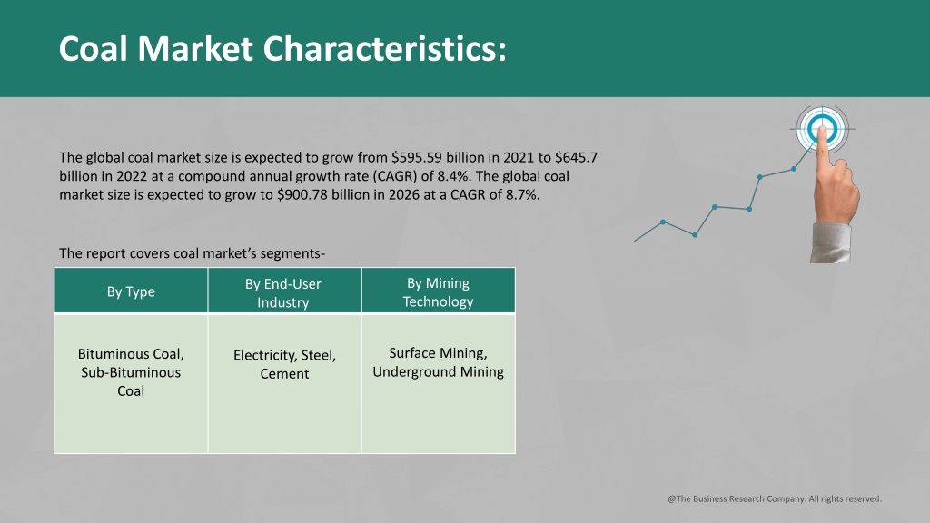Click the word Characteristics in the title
pos(385,49)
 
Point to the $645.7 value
pos(576,158)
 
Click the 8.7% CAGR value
pos(522,194)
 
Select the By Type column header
pos(131,291)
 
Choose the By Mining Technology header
pos(439,291)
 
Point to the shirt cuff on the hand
pos(831,243)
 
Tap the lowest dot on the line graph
pos(695,235)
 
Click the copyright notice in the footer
pos(775,498)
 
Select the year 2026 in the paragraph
pos(404,194)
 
